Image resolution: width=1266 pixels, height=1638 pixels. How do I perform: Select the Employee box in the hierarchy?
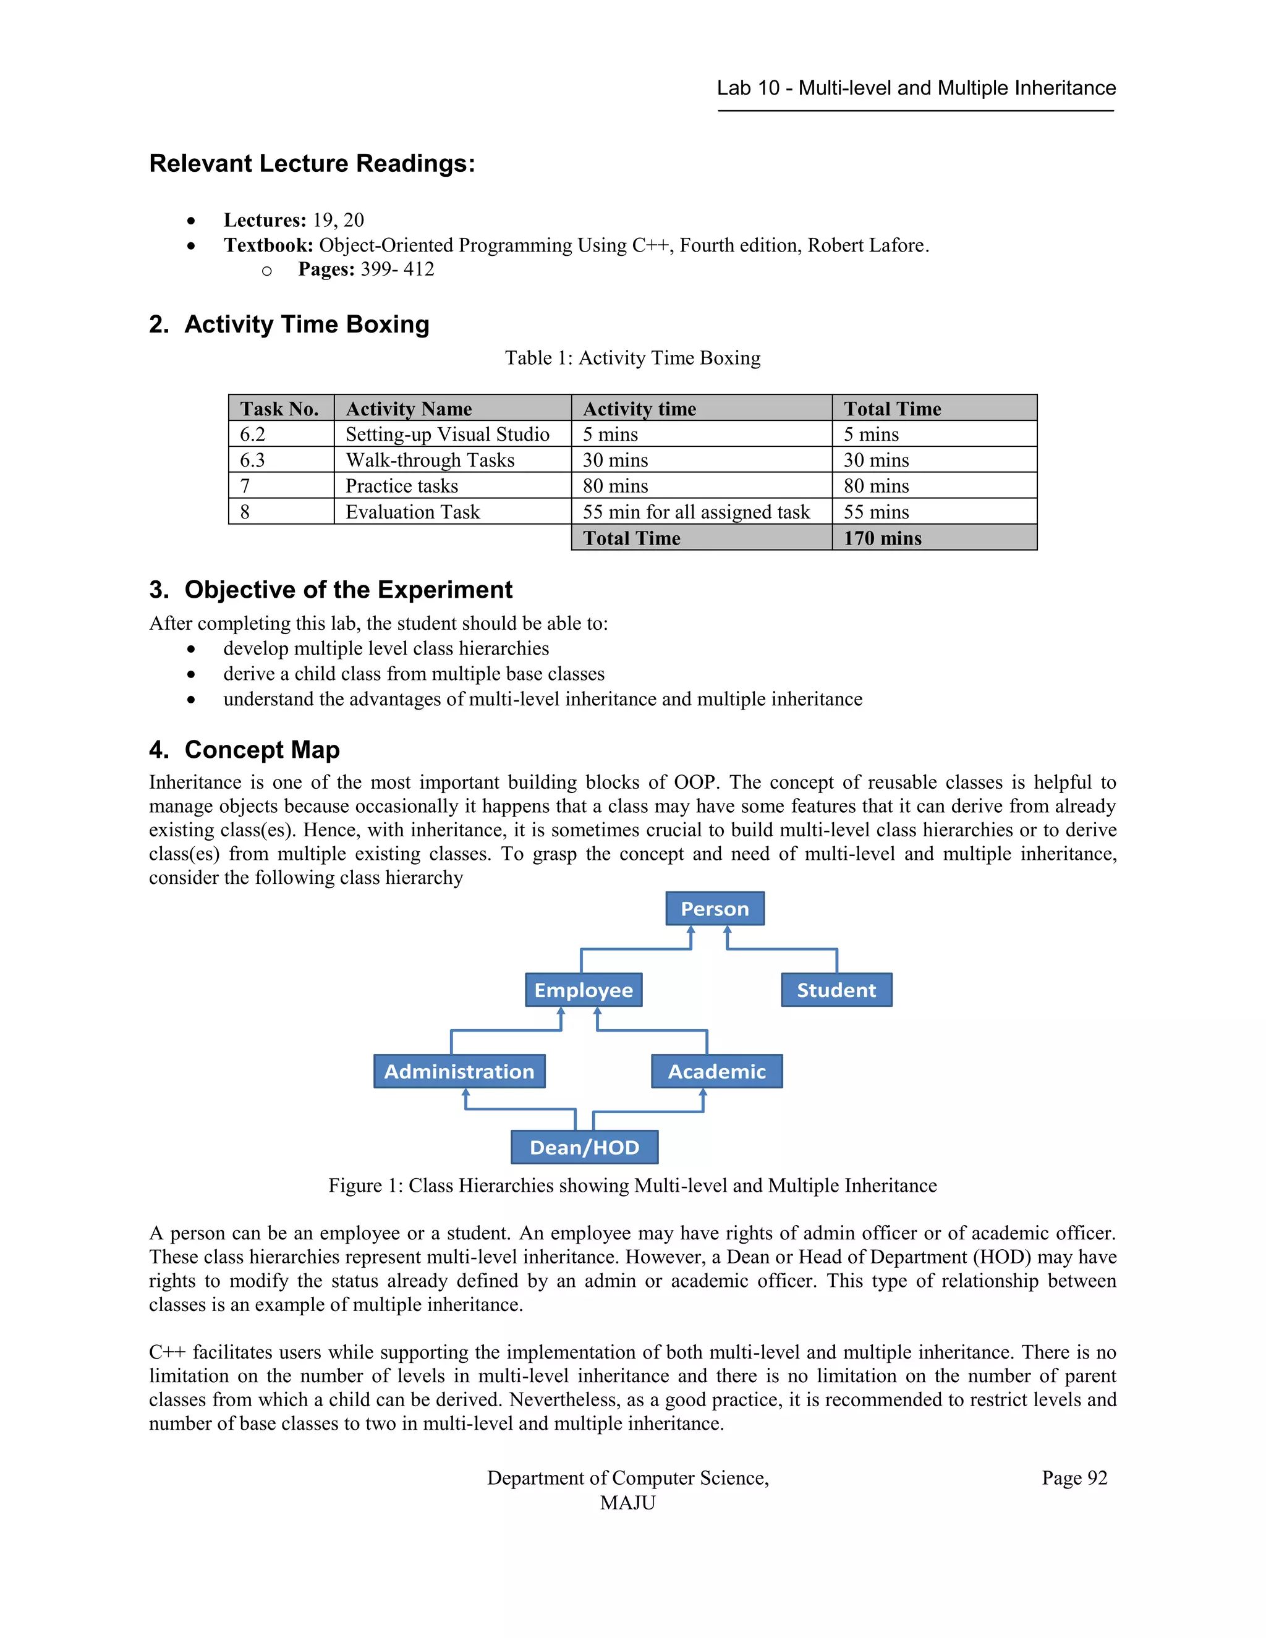coord(584,990)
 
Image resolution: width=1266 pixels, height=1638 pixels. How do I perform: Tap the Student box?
coord(836,990)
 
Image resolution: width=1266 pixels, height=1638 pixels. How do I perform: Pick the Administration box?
coord(459,1071)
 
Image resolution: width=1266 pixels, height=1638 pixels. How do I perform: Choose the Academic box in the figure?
coord(717,1071)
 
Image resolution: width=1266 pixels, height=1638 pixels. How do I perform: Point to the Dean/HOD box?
coord(584,1147)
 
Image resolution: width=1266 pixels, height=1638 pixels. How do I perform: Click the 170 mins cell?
coord(882,538)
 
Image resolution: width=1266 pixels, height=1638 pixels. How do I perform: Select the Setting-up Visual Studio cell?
coord(447,435)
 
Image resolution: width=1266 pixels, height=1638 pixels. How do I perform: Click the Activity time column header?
coord(639,409)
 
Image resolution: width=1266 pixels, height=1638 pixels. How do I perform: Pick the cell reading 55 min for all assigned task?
coord(696,512)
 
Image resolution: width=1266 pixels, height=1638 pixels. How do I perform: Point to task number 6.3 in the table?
coord(253,460)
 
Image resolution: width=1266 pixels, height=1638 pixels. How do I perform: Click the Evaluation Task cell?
coord(412,512)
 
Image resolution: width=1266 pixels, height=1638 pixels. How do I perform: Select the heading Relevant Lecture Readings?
coord(312,164)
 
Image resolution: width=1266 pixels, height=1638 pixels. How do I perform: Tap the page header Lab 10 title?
coord(916,88)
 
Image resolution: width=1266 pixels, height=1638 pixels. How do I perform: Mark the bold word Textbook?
coord(268,245)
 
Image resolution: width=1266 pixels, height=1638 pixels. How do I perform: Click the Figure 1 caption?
coord(632,1186)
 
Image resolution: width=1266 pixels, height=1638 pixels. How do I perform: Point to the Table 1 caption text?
coord(632,358)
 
